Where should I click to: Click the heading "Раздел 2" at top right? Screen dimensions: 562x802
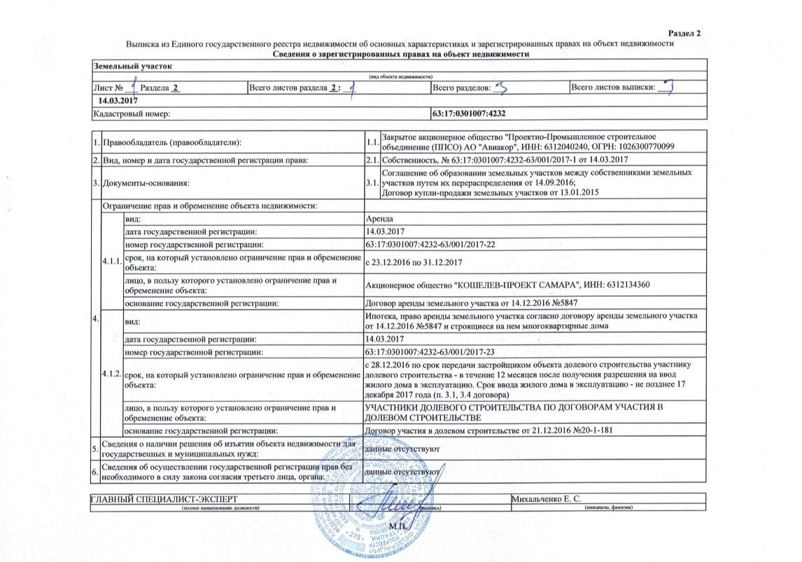[x=684, y=34]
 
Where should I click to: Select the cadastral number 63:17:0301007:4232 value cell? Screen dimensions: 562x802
[x=470, y=113]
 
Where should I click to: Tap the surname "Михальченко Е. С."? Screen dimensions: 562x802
[x=548, y=498]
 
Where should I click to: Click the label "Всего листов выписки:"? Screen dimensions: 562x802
[x=613, y=88]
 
